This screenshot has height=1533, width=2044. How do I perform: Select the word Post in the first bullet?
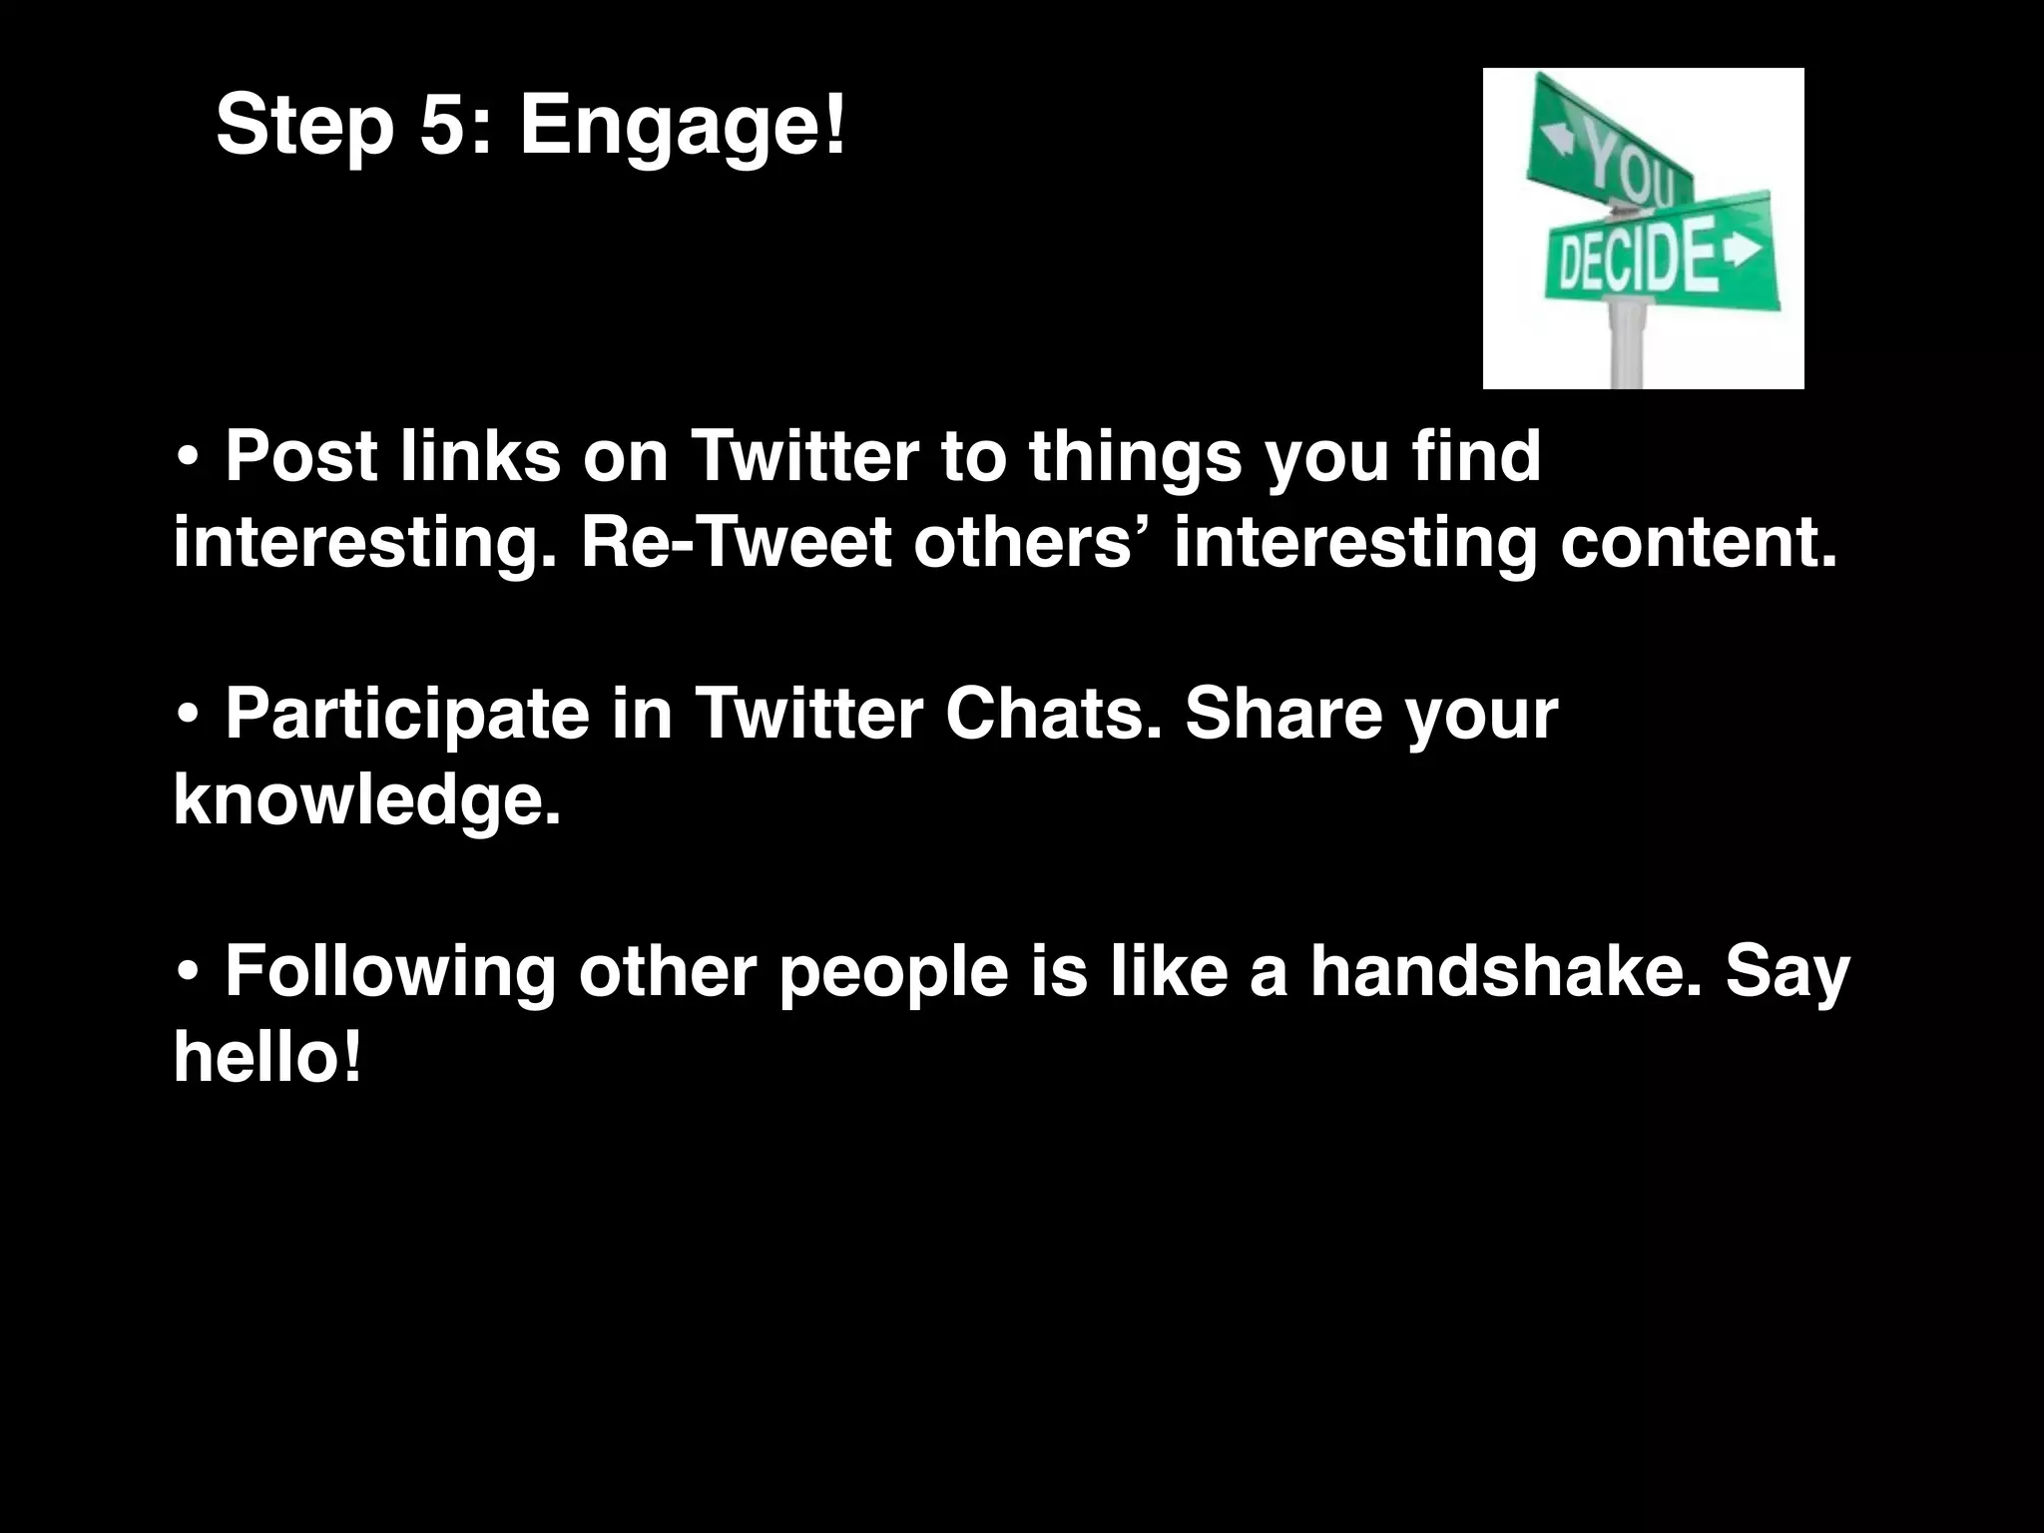pos(301,457)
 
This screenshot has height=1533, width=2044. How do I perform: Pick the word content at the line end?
pos(1697,544)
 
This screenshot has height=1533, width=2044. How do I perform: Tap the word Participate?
pos(407,716)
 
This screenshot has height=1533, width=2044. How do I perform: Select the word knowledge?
pos(366,800)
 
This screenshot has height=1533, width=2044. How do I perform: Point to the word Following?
pos(389,973)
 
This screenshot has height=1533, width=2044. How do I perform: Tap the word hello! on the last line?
pos(266,1057)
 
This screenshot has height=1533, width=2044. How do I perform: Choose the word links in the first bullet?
pos(480,457)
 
